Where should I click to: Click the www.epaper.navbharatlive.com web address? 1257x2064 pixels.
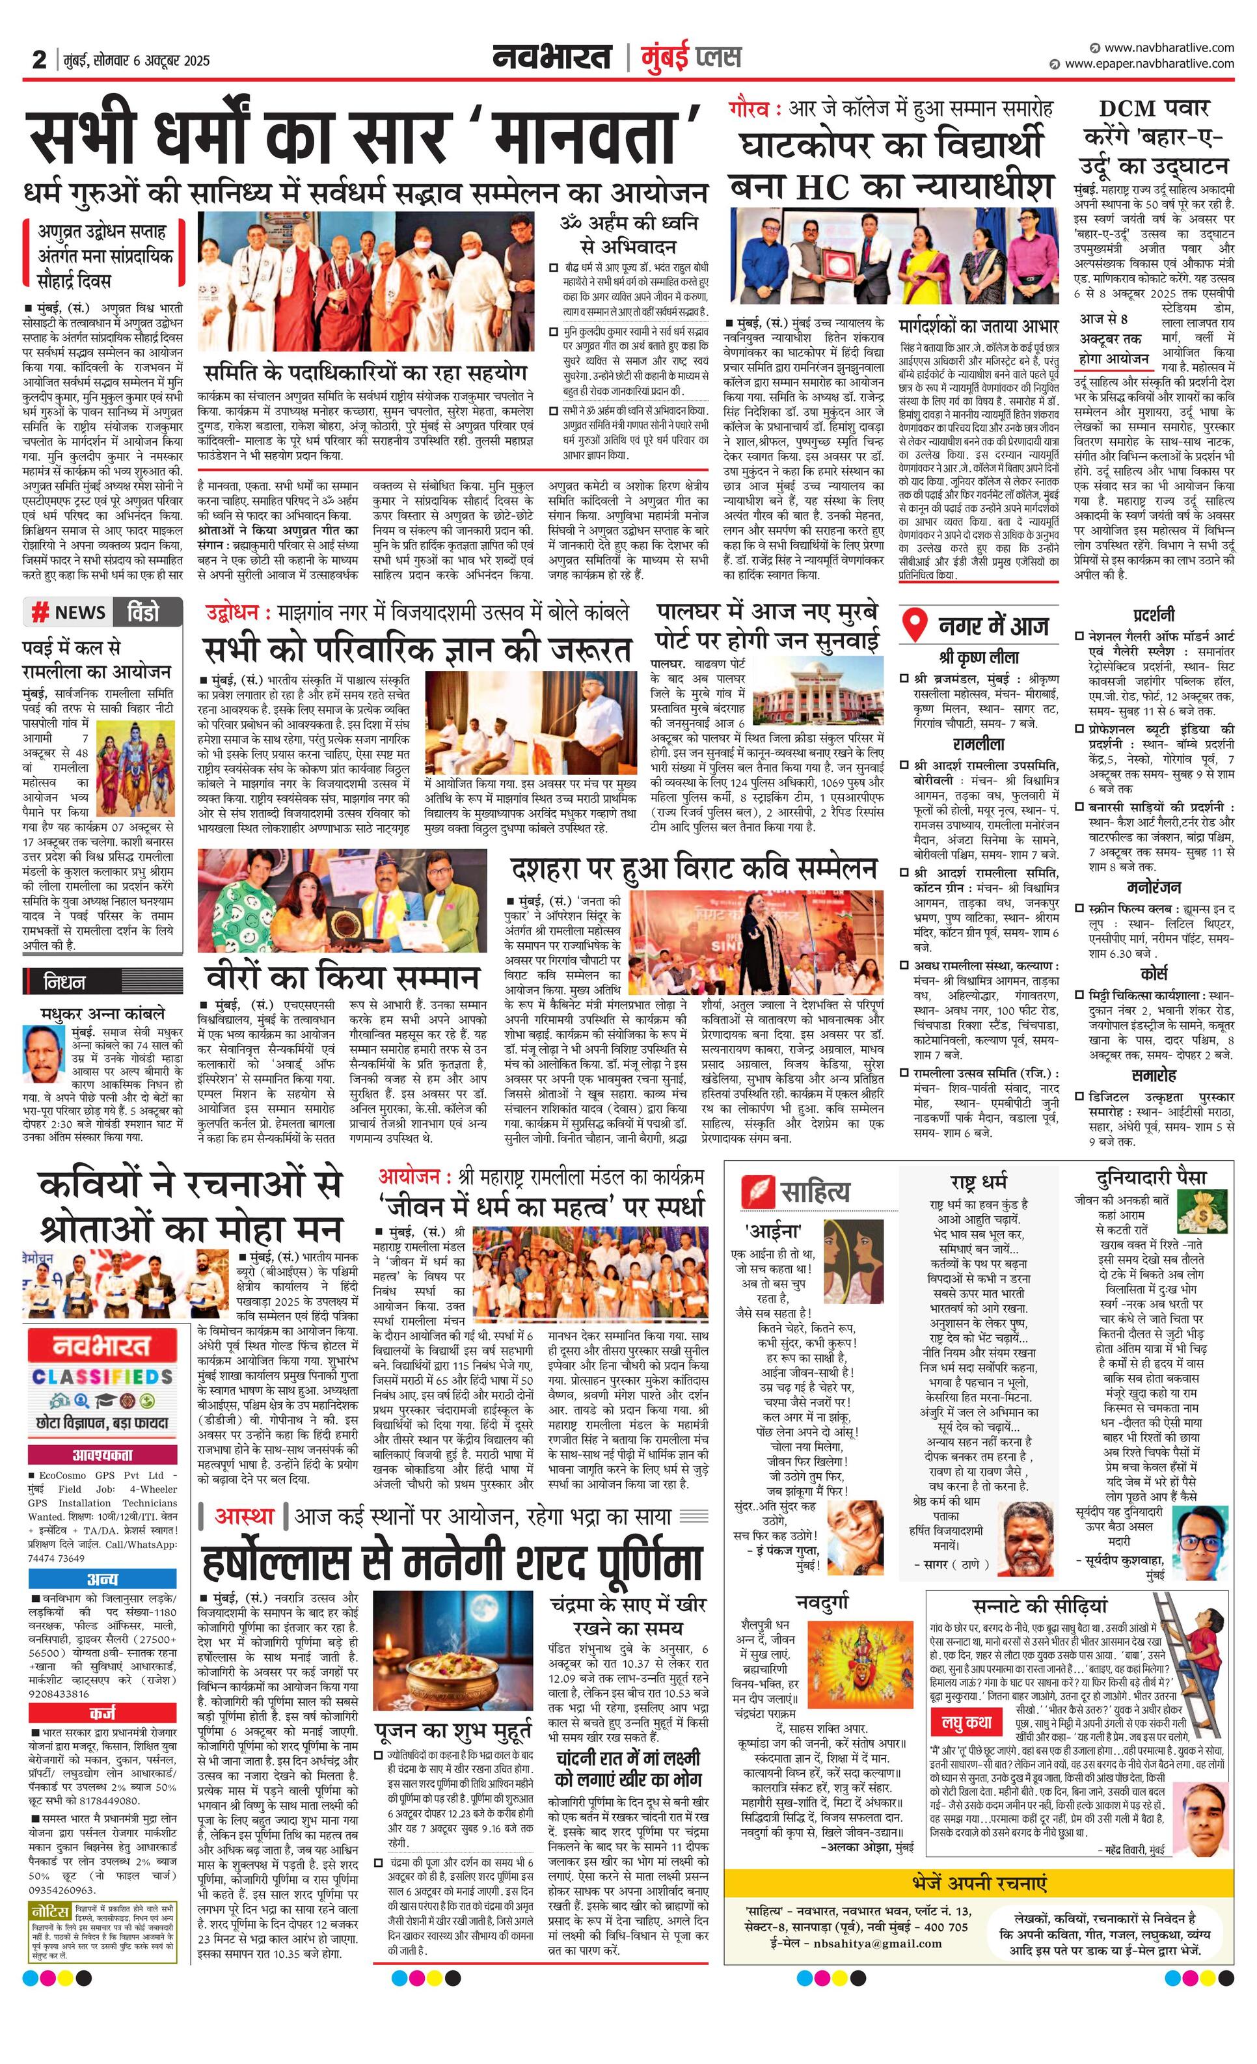point(1149,64)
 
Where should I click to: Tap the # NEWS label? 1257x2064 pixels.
point(70,612)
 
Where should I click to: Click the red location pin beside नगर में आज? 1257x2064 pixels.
point(917,625)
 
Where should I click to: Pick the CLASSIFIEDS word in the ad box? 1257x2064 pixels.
point(102,1376)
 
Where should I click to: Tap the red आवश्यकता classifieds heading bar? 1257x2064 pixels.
point(102,1454)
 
